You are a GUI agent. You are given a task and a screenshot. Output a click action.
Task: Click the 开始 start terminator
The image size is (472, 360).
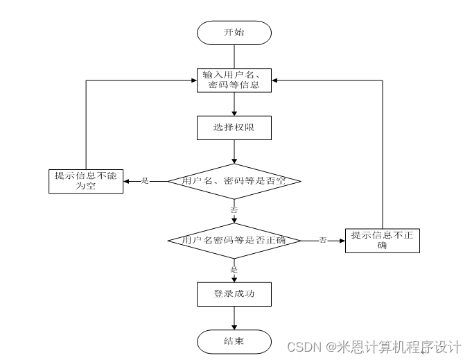click(234, 33)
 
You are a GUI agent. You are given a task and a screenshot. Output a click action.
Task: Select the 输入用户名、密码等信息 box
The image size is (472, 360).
click(234, 80)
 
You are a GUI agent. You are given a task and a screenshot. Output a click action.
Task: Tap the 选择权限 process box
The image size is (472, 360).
click(234, 128)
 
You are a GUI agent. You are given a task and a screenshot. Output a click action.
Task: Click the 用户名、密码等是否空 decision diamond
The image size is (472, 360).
click(234, 181)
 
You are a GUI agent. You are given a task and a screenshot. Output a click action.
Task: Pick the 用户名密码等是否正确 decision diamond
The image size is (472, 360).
click(234, 240)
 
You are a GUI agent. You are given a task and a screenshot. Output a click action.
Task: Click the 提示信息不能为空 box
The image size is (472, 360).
click(85, 181)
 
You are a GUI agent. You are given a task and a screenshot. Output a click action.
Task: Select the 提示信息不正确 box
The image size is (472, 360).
click(382, 240)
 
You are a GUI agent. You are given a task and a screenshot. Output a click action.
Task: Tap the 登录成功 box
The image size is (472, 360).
click(234, 294)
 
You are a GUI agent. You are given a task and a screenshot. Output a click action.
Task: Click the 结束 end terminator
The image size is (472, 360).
click(234, 341)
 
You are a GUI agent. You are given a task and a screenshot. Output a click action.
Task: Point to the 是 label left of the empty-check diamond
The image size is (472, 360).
click(146, 181)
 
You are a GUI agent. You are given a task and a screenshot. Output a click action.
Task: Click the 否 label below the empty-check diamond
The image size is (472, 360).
click(234, 209)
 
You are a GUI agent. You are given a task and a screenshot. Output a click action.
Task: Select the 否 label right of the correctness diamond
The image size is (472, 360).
click(323, 240)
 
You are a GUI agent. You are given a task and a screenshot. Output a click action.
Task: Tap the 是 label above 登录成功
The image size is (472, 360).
click(234, 268)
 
